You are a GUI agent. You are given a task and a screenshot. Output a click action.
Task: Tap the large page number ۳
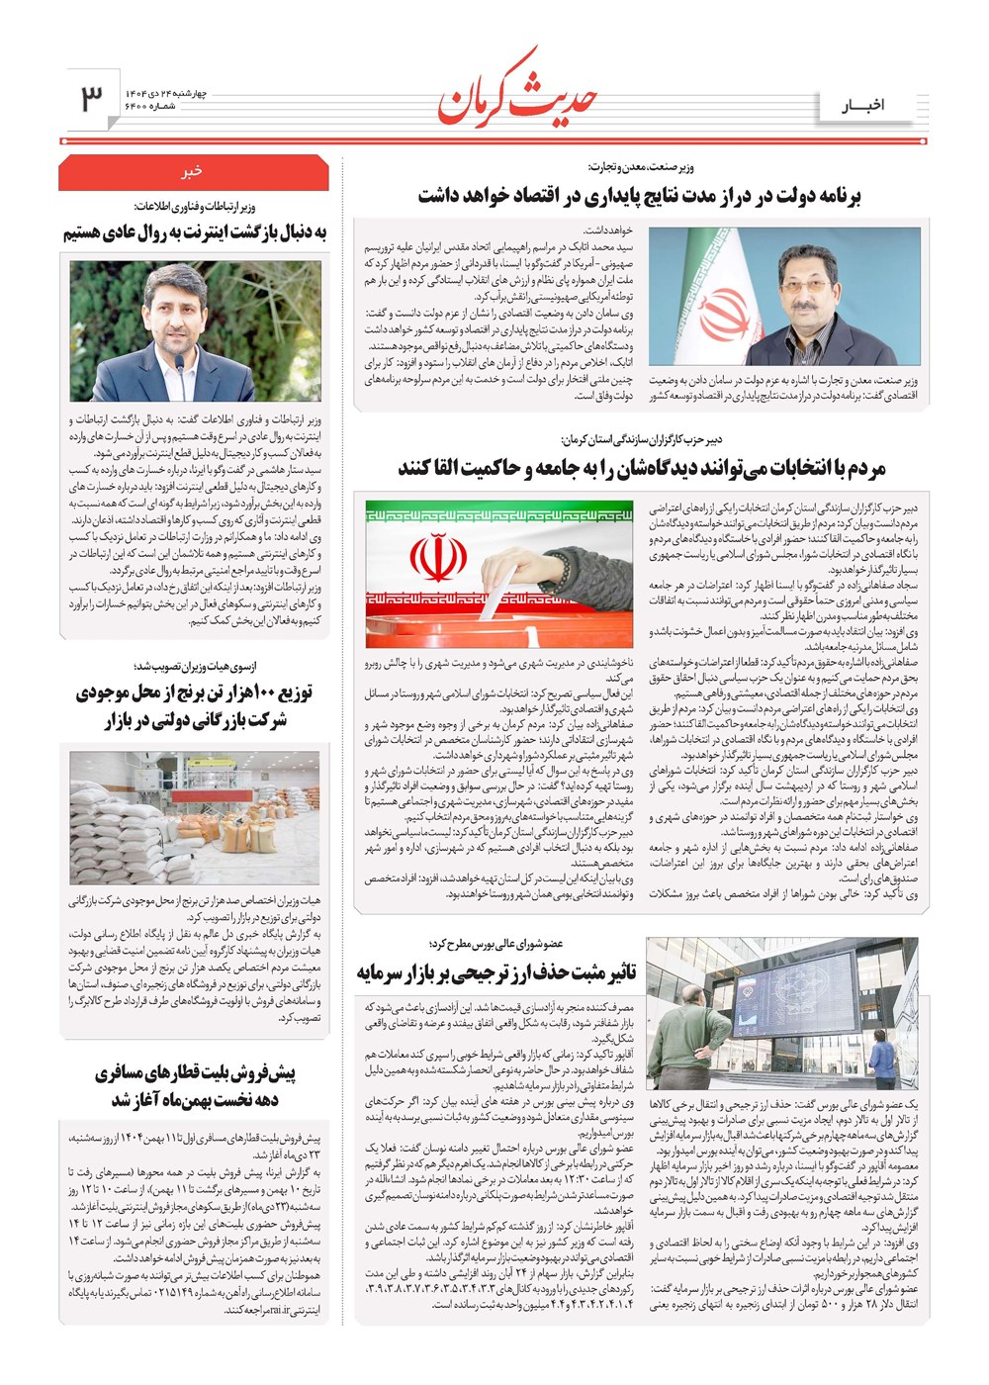pyautogui.click(x=91, y=98)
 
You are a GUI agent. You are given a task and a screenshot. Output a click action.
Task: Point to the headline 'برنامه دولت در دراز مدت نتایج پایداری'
pyautogui.click(x=639, y=196)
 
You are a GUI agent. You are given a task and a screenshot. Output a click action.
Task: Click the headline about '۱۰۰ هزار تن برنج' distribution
pyautogui.click(x=194, y=706)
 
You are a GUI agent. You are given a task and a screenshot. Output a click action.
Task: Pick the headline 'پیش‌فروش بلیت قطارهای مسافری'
pyautogui.click(x=195, y=1085)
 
